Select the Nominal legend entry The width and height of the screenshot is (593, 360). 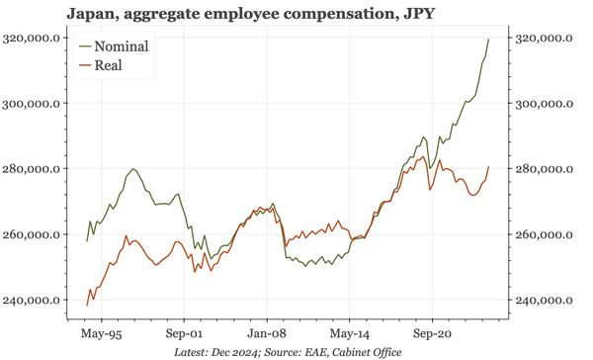coord(122,46)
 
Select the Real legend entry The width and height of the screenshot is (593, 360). coord(109,66)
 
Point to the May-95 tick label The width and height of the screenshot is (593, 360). coord(100,334)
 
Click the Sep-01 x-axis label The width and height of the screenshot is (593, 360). coord(183,334)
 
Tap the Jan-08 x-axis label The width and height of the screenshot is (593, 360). coord(267,334)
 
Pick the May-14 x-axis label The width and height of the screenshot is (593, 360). coord(351,334)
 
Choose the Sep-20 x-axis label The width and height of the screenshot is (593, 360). coord(434,334)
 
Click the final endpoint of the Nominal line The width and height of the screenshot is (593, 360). coord(488,39)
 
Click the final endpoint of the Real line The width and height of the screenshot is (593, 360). coord(488,166)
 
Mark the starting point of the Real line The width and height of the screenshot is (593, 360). coord(87,306)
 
